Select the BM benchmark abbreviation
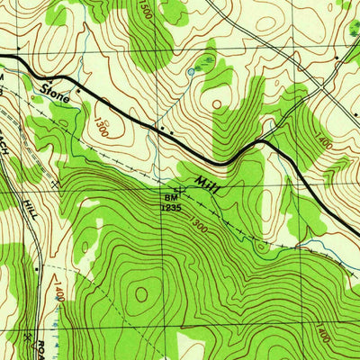(x=170, y=196)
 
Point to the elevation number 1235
(x=172, y=206)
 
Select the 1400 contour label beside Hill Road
(x=57, y=292)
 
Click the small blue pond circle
(x=190, y=71)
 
